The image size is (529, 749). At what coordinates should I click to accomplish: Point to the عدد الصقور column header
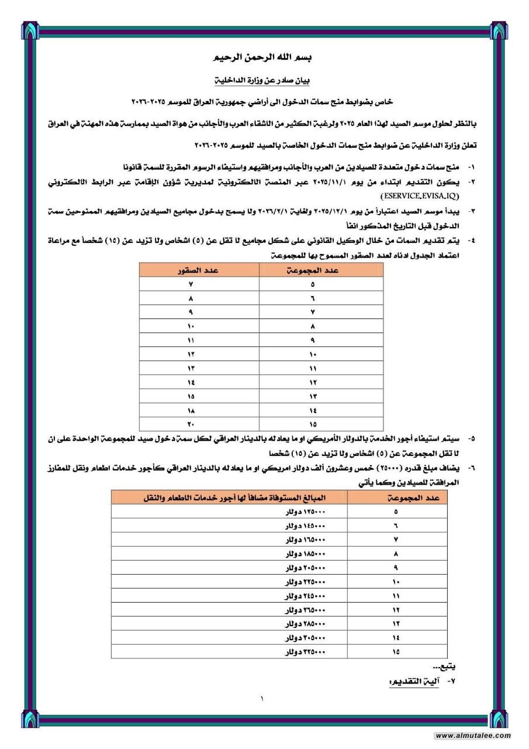pyautogui.click(x=199, y=270)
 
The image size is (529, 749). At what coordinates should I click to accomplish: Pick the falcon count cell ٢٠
pyautogui.click(x=191, y=424)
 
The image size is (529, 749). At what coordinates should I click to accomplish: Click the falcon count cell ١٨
pyautogui.click(x=191, y=410)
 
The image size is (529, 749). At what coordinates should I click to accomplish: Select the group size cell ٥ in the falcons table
pyautogui.click(x=313, y=284)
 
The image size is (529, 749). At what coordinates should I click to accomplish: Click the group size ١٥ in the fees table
pyautogui.click(x=396, y=651)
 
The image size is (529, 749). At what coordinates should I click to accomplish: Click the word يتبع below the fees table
pyautogui.click(x=445, y=667)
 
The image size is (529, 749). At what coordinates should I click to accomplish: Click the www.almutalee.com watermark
pyautogui.click(x=473, y=736)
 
